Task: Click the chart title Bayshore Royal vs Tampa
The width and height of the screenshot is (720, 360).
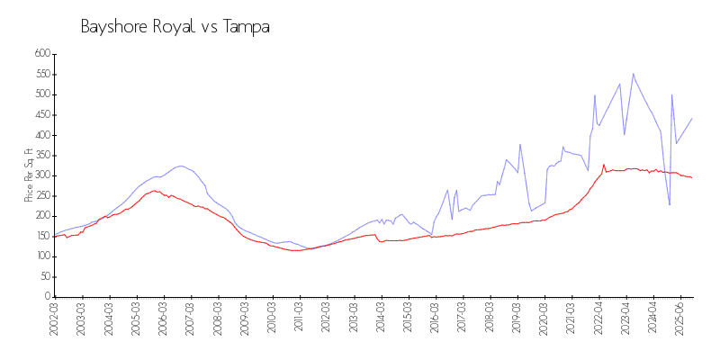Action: (175, 27)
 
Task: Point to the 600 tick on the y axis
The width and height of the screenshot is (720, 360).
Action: (40, 54)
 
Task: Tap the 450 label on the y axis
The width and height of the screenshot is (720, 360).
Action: (40, 115)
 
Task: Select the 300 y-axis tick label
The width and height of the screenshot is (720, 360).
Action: (40, 175)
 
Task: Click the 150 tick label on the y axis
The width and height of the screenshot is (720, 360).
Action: (40, 237)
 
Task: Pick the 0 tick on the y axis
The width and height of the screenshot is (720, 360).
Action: (45, 297)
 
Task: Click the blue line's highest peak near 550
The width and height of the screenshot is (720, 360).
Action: (633, 74)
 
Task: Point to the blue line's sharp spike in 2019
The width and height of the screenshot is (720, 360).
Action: (520, 144)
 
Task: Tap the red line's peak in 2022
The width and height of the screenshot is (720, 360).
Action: (603, 165)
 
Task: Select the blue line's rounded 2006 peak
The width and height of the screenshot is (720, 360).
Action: (181, 166)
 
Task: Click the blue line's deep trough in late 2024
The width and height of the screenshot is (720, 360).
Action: (669, 204)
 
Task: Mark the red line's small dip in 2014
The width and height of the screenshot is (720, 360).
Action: (382, 241)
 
